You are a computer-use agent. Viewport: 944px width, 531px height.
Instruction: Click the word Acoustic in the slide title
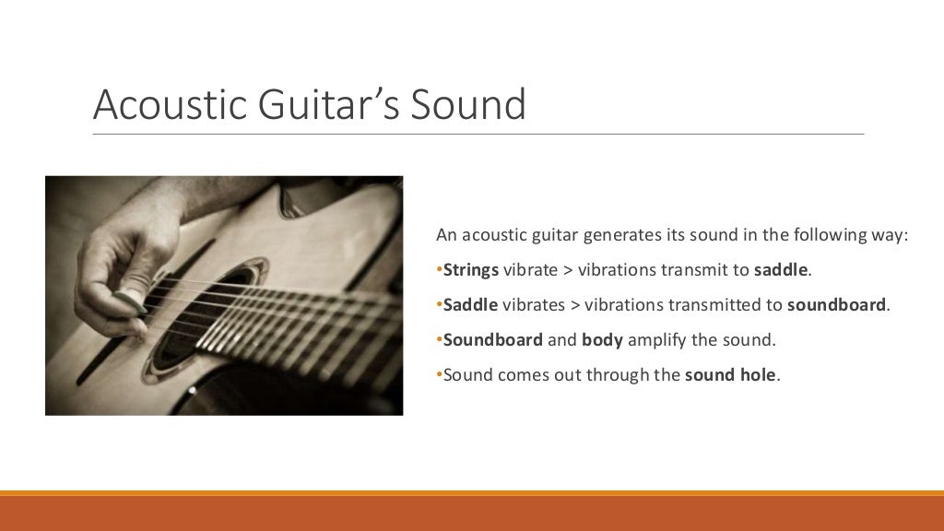[x=154, y=105]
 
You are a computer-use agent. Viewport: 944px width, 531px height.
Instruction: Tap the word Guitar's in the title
[x=313, y=105]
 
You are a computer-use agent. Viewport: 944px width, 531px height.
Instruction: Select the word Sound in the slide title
[x=468, y=105]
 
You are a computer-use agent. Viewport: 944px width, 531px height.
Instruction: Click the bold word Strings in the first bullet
[x=471, y=270]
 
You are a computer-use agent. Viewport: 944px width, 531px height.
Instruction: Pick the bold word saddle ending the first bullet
[x=781, y=270]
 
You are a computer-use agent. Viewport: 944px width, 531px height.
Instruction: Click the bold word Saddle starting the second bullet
[x=470, y=305]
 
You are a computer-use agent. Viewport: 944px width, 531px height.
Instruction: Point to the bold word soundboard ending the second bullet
[x=837, y=305]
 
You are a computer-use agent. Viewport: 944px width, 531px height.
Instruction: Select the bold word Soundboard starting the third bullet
[x=493, y=340]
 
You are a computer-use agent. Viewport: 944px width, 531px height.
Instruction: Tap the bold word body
[x=603, y=340]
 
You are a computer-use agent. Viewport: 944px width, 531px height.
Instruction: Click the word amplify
[x=658, y=340]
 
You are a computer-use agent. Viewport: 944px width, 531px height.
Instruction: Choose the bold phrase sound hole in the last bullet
[x=732, y=375]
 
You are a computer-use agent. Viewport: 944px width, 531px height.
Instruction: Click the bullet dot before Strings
[x=440, y=270]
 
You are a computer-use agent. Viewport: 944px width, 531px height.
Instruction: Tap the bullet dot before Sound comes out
[x=440, y=375]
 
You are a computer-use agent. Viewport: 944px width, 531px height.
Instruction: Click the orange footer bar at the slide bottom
[x=472, y=513]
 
